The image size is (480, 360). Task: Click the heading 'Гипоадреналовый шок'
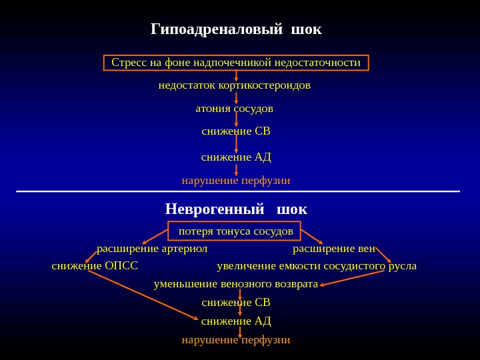(x=236, y=29)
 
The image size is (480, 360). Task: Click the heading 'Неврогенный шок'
(x=236, y=209)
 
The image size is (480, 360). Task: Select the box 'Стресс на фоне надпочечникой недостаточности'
(x=236, y=63)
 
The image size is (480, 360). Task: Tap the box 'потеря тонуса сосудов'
(x=235, y=231)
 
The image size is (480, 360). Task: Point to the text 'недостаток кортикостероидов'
(x=235, y=85)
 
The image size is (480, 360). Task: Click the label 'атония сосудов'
(x=235, y=108)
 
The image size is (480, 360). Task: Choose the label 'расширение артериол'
(x=152, y=249)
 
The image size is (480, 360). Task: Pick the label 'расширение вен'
(x=334, y=249)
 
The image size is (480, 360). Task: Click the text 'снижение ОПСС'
(x=95, y=266)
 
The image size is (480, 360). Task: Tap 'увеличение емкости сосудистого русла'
(x=317, y=266)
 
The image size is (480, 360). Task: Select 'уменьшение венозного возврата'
(x=236, y=284)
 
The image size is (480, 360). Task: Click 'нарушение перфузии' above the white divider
(x=236, y=181)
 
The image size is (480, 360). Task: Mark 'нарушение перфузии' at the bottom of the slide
(x=236, y=340)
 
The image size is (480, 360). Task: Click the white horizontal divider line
(x=238, y=191)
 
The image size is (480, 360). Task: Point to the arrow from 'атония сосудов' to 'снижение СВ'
(x=236, y=119)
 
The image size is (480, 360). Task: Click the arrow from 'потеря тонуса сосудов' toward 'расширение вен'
(x=311, y=236)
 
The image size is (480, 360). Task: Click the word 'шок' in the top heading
(x=307, y=29)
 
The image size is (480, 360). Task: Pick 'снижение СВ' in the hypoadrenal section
(x=236, y=131)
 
